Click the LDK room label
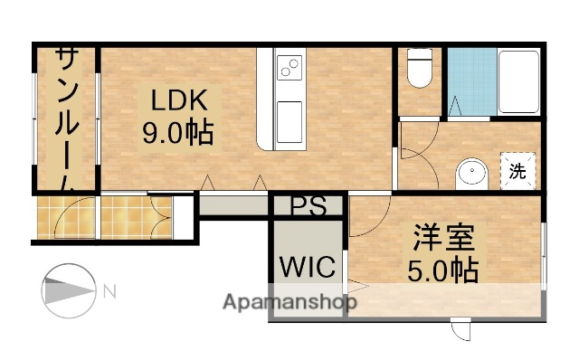178,99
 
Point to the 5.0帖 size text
443,270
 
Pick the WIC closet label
308,268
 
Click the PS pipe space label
308,205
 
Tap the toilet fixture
420,70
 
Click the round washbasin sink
471,172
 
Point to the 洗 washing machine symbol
517,170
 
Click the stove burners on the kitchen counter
289,67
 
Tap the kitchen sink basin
289,116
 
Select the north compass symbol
69,291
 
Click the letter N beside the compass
109,291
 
